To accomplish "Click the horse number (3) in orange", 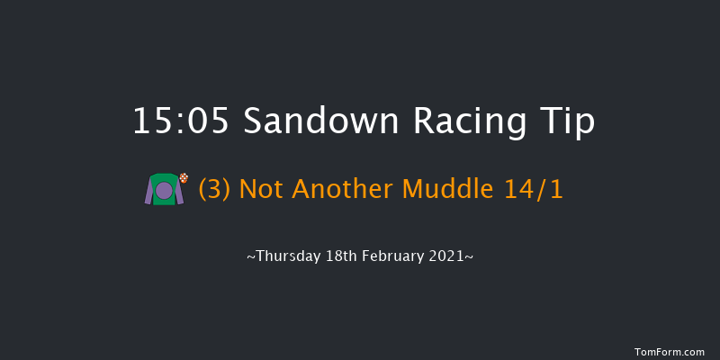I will (211, 191).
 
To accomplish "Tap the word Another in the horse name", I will (340, 191).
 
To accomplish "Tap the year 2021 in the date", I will (447, 256).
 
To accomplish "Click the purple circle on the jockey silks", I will (164, 191).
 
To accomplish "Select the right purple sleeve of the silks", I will (179, 193).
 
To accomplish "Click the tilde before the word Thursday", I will (250, 256).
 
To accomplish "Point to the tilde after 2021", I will (469, 256).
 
